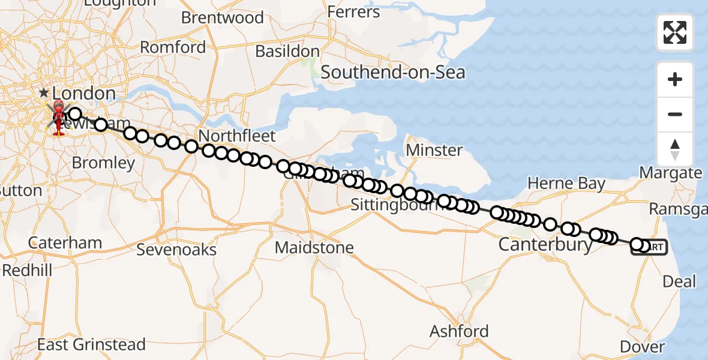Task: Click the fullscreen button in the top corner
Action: click(675, 32)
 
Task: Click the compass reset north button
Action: click(675, 149)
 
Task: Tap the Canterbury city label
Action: click(545, 245)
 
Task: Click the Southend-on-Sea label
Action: click(393, 73)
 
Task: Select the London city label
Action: click(84, 93)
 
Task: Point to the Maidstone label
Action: click(314, 247)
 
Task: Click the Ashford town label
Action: click(459, 331)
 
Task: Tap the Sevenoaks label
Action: click(176, 250)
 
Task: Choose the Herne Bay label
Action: click(566, 184)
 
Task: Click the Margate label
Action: click(671, 173)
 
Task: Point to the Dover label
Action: click(642, 347)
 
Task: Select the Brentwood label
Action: click(223, 18)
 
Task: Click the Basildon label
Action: click(287, 52)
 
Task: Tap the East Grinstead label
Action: click(91, 345)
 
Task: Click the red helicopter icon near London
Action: click(59, 116)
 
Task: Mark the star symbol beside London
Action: click(44, 93)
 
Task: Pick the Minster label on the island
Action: click(435, 150)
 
